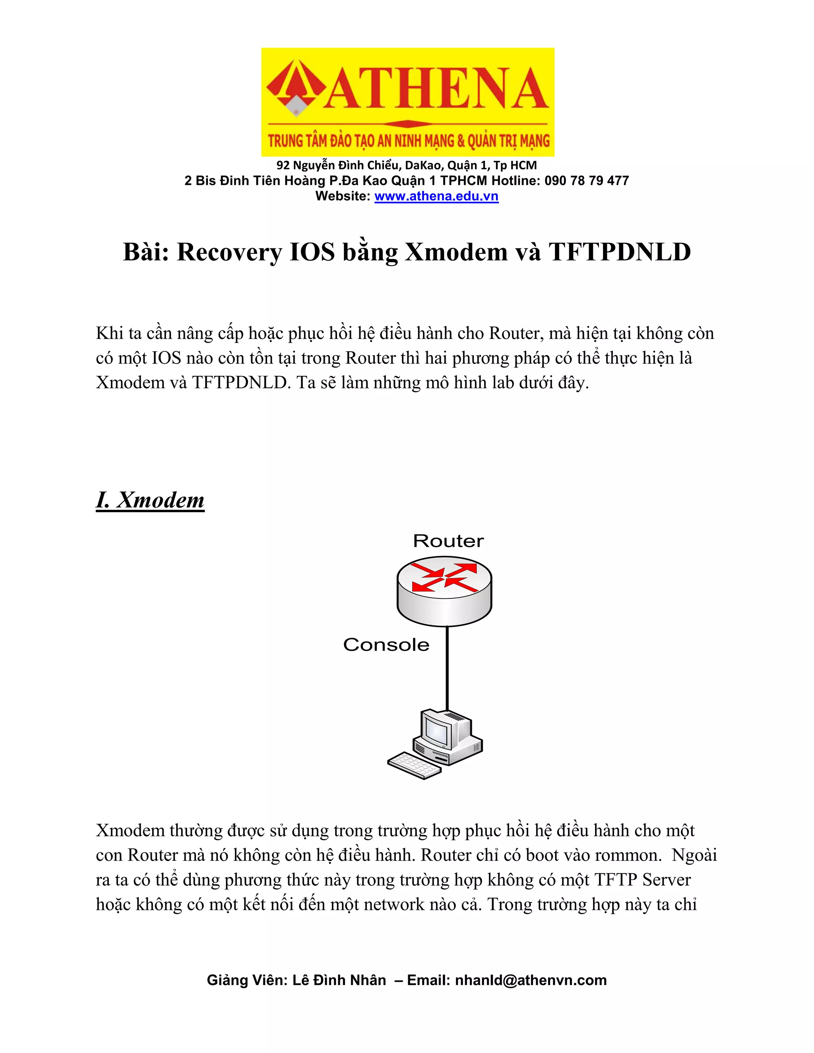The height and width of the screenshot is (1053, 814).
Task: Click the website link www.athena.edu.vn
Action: tap(436, 196)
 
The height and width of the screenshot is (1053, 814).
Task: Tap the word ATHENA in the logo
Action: tap(436, 89)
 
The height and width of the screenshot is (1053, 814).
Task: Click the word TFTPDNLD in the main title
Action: tap(620, 252)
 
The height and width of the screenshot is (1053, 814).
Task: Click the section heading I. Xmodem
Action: tap(150, 500)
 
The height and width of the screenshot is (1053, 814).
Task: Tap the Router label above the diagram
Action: tap(448, 541)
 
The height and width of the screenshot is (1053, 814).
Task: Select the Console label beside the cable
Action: tap(386, 645)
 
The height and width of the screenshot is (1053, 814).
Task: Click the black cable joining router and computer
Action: tap(448, 675)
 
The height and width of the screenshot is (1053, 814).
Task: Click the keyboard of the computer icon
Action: tap(414, 765)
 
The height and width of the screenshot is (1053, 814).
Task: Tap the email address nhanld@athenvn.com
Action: tap(531, 980)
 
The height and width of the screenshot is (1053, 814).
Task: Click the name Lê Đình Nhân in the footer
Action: tap(339, 980)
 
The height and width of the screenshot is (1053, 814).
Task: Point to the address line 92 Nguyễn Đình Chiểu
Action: tap(406, 165)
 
